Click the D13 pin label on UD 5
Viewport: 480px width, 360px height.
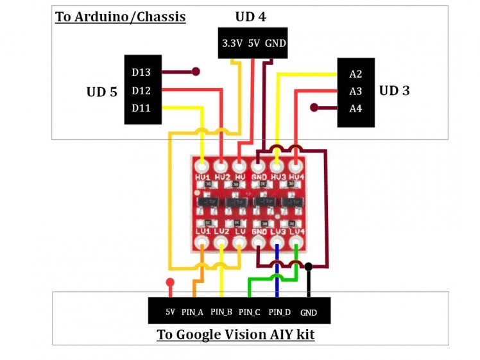click(x=141, y=72)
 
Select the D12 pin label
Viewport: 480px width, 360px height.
click(x=141, y=90)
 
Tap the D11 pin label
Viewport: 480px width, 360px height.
click(x=141, y=108)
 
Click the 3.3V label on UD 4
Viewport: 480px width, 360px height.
click(x=231, y=44)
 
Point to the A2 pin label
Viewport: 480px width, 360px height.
click(x=356, y=74)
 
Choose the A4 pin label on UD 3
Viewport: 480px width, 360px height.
click(x=356, y=108)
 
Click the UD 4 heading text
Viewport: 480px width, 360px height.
click(x=251, y=16)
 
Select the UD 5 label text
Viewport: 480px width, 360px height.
click(x=102, y=92)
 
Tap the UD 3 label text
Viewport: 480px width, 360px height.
click(x=394, y=90)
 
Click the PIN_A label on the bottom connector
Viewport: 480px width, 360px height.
click(x=193, y=312)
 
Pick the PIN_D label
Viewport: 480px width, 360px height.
click(x=279, y=313)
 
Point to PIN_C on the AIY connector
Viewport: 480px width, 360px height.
click(x=249, y=313)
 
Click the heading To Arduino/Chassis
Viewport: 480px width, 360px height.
click(x=120, y=17)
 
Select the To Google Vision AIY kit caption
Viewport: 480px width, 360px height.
click(x=236, y=335)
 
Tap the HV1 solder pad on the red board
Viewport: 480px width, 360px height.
click(x=203, y=166)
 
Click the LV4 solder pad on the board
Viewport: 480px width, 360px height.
click(x=296, y=244)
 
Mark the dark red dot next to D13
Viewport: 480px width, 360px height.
click(x=196, y=71)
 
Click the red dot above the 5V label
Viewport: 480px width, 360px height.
click(x=170, y=282)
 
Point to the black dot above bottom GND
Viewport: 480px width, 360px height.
click(x=309, y=266)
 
